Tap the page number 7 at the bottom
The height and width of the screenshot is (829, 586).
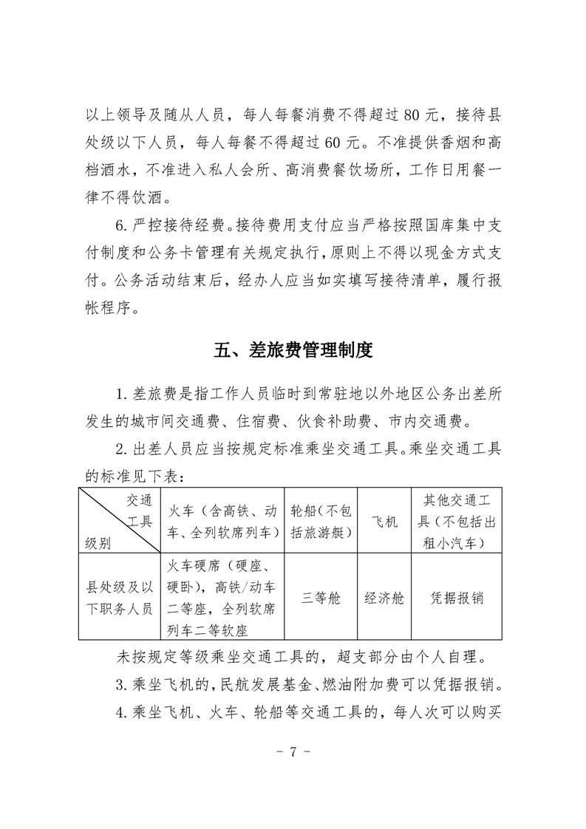[293, 753]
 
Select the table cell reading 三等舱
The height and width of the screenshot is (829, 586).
[321, 598]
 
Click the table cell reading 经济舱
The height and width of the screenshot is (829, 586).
[384, 598]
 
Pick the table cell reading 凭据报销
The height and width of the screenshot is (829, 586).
[457, 598]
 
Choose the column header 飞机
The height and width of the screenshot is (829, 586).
[384, 522]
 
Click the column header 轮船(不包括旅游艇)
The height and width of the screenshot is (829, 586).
[321, 522]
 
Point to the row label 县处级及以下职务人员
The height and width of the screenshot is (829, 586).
[119, 598]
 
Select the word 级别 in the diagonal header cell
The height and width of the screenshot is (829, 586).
[98, 544]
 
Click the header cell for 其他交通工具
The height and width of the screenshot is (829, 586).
[457, 522]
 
